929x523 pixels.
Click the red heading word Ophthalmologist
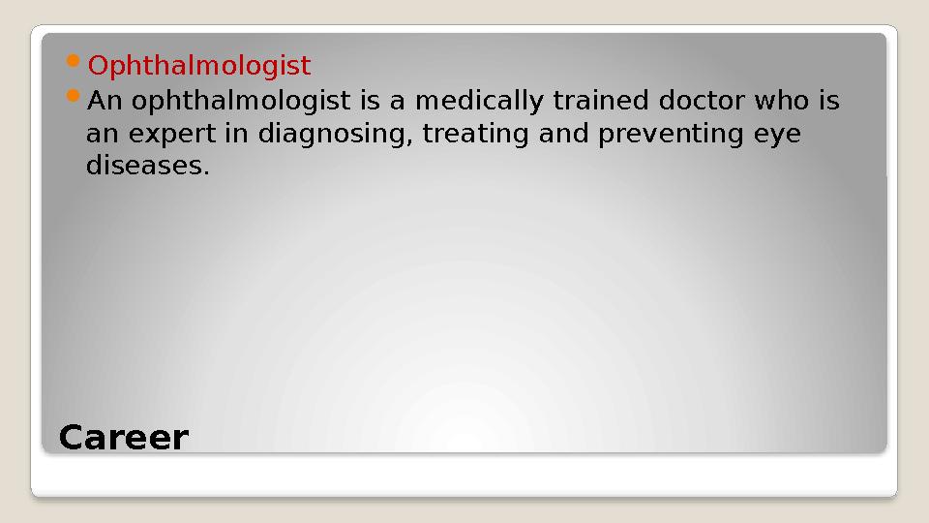(x=199, y=66)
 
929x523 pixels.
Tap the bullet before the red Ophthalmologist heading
(x=77, y=64)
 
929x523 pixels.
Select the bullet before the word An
(x=77, y=99)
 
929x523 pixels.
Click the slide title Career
(x=124, y=438)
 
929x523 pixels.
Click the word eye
(x=779, y=134)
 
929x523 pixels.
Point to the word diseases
(x=147, y=167)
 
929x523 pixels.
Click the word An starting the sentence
(x=105, y=101)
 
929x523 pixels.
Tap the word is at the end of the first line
(x=827, y=101)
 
